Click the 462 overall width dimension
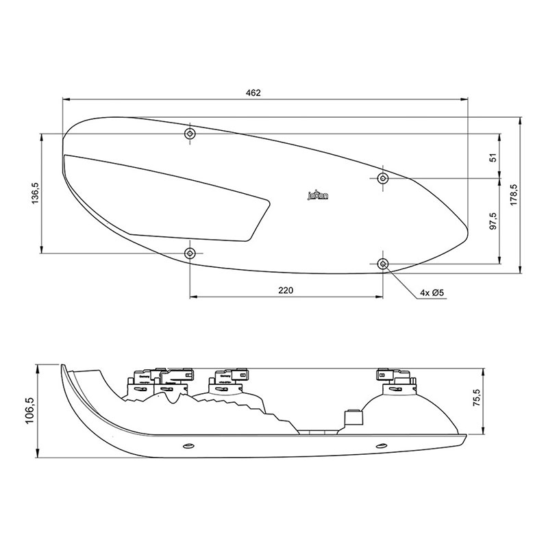[x=253, y=92]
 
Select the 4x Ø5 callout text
[x=432, y=293]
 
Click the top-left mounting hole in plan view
[x=190, y=133]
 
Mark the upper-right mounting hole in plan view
[x=383, y=178]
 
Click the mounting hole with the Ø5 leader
[x=383, y=264]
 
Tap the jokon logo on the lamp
[x=317, y=197]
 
